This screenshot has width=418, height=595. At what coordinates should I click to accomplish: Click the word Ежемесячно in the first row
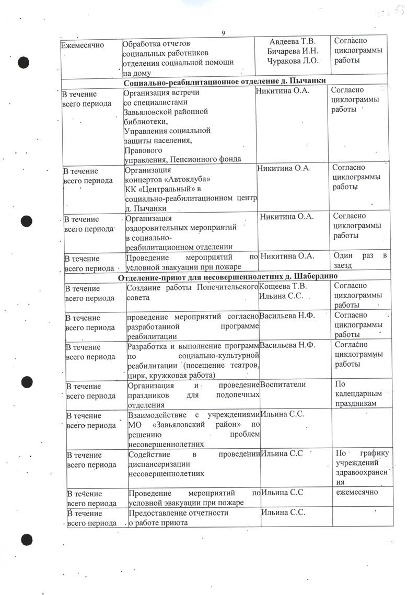[83, 44]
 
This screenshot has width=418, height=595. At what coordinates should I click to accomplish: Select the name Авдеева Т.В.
[293, 42]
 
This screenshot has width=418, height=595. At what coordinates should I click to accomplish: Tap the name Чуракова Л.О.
[293, 61]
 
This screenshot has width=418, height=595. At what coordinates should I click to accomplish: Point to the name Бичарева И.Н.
[293, 52]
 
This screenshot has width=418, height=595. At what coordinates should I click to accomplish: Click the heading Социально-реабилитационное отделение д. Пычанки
[225, 80]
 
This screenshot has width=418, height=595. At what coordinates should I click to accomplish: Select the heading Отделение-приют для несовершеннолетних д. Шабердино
[225, 275]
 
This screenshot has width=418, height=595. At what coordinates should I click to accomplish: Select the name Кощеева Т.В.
[284, 287]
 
